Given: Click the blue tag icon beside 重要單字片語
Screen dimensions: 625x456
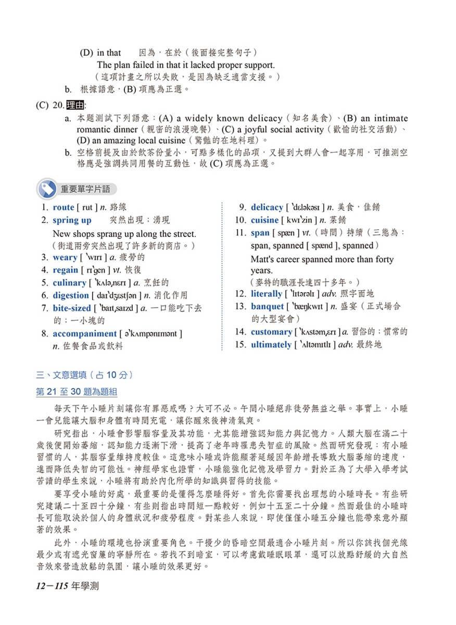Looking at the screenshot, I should [x=48, y=189].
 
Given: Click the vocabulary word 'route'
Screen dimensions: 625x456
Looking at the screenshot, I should [x=64, y=207].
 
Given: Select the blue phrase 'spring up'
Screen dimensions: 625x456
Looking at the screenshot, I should [x=72, y=220].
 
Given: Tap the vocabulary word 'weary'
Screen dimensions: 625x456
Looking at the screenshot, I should [x=65, y=257].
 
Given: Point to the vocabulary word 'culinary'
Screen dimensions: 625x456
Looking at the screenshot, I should [x=69, y=283].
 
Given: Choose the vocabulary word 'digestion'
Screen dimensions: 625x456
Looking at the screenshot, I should [x=71, y=295].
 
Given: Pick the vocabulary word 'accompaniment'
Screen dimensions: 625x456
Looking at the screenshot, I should [x=84, y=334].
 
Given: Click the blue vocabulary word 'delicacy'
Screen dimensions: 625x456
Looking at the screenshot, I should [x=267, y=207].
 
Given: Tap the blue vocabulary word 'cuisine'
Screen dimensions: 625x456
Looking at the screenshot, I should [x=264, y=220].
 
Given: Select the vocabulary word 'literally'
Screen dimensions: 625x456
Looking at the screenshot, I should [x=266, y=294].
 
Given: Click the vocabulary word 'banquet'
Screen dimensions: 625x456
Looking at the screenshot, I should [x=267, y=306].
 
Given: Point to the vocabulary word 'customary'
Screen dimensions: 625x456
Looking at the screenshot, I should [x=271, y=332].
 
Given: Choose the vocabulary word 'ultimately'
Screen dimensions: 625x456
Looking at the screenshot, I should [x=271, y=345].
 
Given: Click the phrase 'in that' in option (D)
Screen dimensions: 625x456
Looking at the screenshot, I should [x=109, y=53].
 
